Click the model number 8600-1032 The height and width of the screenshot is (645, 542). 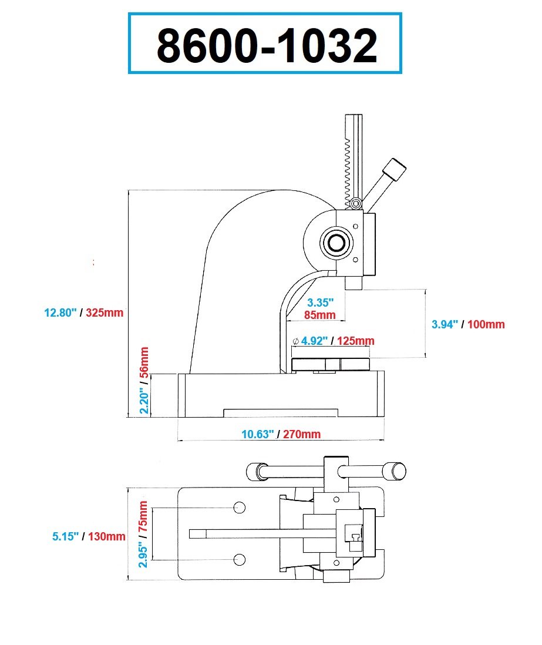point(267,45)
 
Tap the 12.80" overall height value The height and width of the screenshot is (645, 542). point(60,313)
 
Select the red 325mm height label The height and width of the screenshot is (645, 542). point(105,313)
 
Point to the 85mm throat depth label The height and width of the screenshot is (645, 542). point(320,315)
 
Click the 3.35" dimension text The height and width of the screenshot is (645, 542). point(321,303)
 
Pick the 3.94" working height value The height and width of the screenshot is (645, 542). point(445,325)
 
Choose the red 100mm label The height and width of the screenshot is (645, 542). point(486,325)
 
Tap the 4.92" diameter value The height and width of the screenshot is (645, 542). point(314,341)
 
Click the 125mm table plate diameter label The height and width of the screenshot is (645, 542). point(356,341)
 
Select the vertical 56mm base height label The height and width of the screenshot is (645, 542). point(144,362)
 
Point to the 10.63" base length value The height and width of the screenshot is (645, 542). point(257,434)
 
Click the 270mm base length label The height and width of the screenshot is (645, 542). point(302,434)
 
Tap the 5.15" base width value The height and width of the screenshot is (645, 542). point(65,536)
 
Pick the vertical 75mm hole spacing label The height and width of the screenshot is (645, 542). point(143,517)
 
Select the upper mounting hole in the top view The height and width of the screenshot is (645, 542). point(240,508)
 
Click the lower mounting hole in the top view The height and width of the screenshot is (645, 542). point(240,559)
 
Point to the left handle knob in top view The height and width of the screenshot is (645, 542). point(257,472)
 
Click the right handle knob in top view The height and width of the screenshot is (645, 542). point(395,471)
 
